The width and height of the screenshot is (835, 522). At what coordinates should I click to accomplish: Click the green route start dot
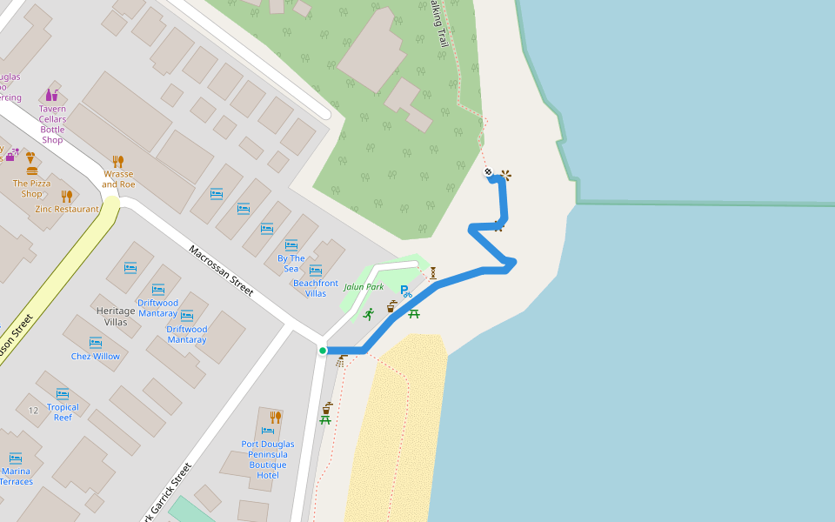pyautogui.click(x=323, y=351)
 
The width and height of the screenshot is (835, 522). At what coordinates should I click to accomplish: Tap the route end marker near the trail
pyautogui.click(x=489, y=171)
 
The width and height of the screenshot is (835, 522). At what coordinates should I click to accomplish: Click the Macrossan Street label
pyautogui.click(x=221, y=271)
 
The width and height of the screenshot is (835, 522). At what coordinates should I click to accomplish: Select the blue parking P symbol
pyautogui.click(x=404, y=291)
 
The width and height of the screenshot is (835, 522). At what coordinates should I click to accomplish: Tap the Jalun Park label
pyautogui.click(x=364, y=287)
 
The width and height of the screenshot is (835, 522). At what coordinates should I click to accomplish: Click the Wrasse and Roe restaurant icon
pyautogui.click(x=118, y=161)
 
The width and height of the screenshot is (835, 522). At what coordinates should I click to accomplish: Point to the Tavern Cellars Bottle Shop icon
pyautogui.click(x=52, y=94)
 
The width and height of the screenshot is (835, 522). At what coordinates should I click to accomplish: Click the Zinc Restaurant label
pyautogui.click(x=66, y=209)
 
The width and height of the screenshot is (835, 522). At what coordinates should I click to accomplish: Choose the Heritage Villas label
pyautogui.click(x=116, y=317)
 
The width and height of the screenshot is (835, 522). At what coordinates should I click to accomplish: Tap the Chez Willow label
pyautogui.click(x=96, y=357)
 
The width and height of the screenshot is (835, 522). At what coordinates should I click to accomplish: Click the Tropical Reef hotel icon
pyautogui.click(x=63, y=393)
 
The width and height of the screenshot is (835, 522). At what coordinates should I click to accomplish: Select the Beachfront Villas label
pyautogui.click(x=316, y=288)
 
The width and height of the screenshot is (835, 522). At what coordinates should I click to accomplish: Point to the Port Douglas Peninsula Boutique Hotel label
pyautogui.click(x=268, y=459)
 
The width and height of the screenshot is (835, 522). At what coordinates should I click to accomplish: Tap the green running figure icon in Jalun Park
pyautogui.click(x=369, y=313)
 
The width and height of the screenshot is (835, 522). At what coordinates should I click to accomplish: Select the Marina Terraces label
pyautogui.click(x=16, y=476)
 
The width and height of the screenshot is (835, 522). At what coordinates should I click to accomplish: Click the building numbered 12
pyautogui.click(x=33, y=410)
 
